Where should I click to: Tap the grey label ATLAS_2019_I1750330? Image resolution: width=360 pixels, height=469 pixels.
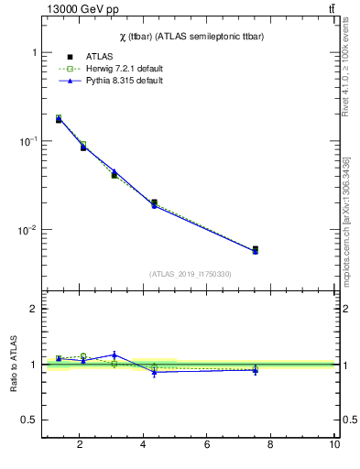pyautogui.click(x=190, y=274)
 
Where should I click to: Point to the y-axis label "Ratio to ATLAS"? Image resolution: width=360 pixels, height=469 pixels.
pyautogui.click(x=14, y=365)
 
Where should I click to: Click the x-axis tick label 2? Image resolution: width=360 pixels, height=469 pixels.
pyautogui.click(x=80, y=445)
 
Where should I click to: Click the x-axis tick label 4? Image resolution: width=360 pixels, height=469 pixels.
pyautogui.click(x=143, y=445)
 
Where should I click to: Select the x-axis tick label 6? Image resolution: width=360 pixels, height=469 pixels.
pyautogui.click(x=207, y=445)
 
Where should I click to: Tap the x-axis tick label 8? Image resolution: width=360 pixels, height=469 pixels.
pyautogui.click(x=271, y=445)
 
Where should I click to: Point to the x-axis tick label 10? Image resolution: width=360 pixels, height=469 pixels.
pyautogui.click(x=334, y=445)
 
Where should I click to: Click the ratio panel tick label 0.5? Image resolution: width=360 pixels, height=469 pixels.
pyautogui.click(x=29, y=420)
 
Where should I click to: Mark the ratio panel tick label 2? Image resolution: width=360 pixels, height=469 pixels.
pyautogui.click(x=34, y=309)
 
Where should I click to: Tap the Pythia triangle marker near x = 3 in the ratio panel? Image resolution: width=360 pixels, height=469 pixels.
pyautogui.click(x=115, y=354)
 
